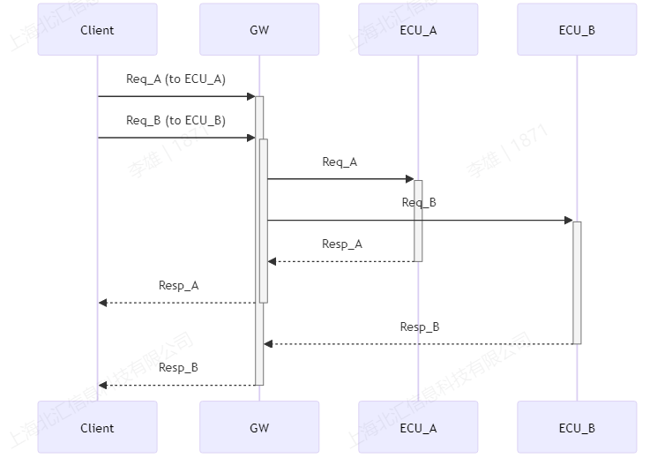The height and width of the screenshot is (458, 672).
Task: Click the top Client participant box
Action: click(97, 30)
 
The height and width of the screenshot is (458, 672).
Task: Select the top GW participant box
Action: click(259, 30)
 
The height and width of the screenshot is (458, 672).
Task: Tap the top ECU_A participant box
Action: click(418, 30)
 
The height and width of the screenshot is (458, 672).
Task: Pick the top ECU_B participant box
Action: click(577, 30)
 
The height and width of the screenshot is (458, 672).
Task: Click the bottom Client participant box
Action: click(97, 428)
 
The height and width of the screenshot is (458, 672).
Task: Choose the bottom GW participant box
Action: click(259, 428)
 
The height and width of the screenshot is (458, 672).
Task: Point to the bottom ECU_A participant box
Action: click(418, 428)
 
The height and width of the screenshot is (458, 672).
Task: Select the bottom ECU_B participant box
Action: click(577, 428)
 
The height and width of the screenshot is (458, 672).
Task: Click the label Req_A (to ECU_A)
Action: click(175, 79)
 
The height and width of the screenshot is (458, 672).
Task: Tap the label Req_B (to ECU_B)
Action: click(175, 121)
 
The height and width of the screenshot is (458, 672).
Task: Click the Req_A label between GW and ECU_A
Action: click(340, 162)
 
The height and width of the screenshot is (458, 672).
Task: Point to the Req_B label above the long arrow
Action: click(419, 203)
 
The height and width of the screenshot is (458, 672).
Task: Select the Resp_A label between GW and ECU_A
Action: click(341, 244)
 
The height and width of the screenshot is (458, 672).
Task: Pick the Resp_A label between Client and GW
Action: click(178, 286)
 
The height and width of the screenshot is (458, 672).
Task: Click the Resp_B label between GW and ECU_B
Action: click(419, 327)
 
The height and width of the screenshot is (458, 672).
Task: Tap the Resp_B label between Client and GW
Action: click(178, 368)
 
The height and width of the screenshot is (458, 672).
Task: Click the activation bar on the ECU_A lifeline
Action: click(418, 221)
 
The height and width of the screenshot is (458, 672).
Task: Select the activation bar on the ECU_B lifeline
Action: click(577, 282)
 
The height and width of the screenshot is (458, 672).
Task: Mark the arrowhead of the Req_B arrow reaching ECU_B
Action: click(568, 221)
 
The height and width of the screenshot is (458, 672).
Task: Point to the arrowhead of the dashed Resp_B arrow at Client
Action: click(103, 386)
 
